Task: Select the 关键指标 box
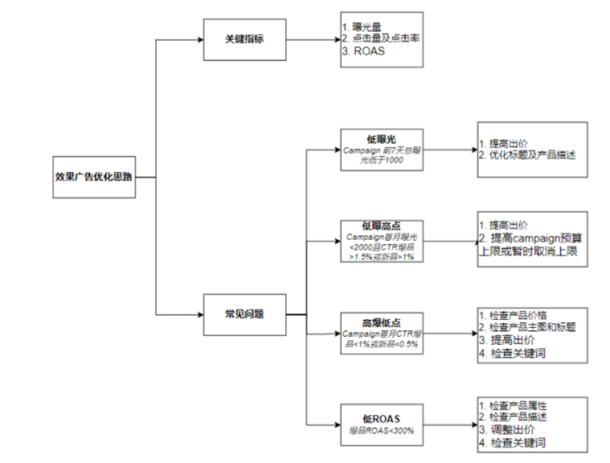pyautogui.click(x=244, y=38)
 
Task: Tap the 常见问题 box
pyautogui.click(x=244, y=314)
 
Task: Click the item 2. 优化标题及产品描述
pyautogui.click(x=527, y=154)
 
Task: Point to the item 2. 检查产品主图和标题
pyautogui.click(x=526, y=327)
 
